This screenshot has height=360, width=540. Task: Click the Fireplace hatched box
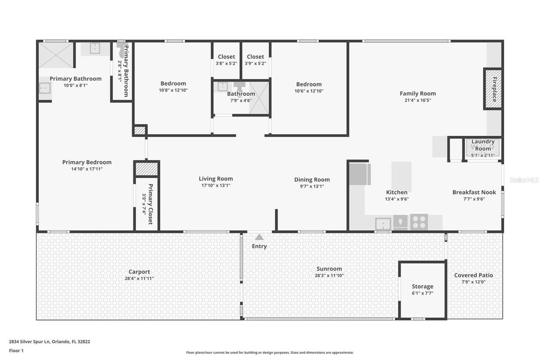tap(492, 89)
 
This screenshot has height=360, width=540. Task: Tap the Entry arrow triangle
tap(259, 237)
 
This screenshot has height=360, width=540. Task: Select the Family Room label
tap(418, 94)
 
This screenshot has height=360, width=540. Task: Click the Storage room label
tap(422, 287)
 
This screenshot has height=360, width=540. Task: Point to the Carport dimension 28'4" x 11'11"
tap(139, 279)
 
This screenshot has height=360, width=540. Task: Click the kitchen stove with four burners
tap(419, 222)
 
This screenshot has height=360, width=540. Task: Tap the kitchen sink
tap(383, 223)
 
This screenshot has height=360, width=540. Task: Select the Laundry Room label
tap(483, 145)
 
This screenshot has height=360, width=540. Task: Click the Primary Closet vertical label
tap(150, 204)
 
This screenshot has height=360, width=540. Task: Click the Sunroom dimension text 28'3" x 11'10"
tap(329, 276)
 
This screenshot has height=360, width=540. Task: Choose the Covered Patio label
tap(473, 275)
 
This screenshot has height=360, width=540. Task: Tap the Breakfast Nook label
tap(474, 192)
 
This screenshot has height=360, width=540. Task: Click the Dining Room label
tap(312, 180)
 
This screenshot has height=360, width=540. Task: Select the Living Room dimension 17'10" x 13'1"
tap(216, 185)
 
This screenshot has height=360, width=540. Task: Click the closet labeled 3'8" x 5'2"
tap(226, 60)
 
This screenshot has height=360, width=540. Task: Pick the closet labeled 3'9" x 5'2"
tap(255, 60)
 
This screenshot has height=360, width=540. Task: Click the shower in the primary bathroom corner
tap(56, 55)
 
